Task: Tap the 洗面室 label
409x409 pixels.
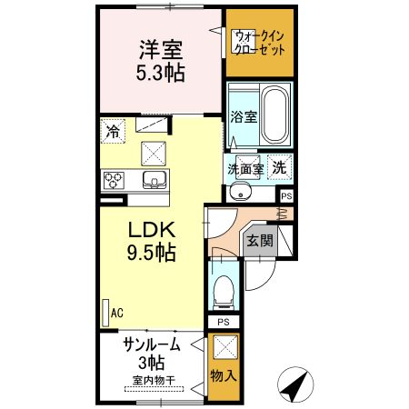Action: click(244, 168)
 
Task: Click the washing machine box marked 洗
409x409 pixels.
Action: click(281, 167)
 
